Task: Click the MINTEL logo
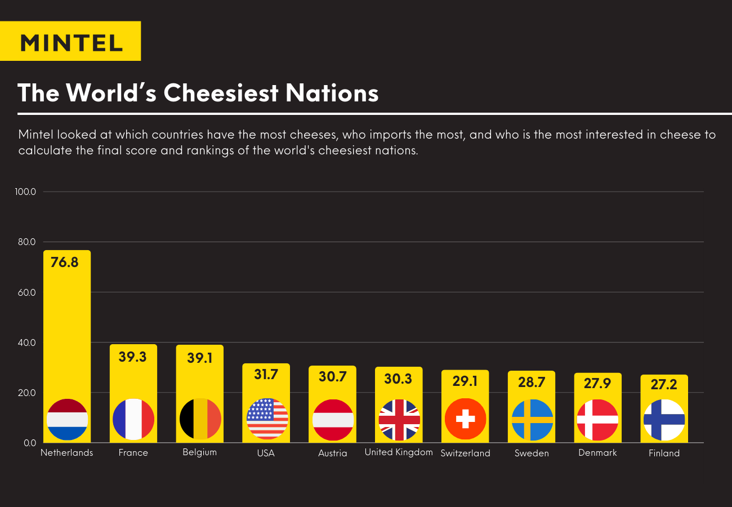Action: pos(70,42)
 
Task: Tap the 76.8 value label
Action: pos(65,262)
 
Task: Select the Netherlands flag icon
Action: pos(67,419)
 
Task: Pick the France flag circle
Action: pos(133,419)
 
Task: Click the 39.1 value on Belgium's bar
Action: pos(199,358)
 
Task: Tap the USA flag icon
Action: pos(267,419)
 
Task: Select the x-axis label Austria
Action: pos(332,453)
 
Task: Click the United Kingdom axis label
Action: pos(399,452)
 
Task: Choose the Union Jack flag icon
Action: pos(399,420)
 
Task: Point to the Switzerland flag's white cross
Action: pos(465,419)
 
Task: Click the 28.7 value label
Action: pos(532,383)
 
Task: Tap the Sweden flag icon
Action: pos(532,420)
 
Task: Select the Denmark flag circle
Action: pos(597,420)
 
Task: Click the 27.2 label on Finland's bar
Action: pos(664,385)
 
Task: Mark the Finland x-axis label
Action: pos(664,453)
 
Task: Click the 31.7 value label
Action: pos(266,374)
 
